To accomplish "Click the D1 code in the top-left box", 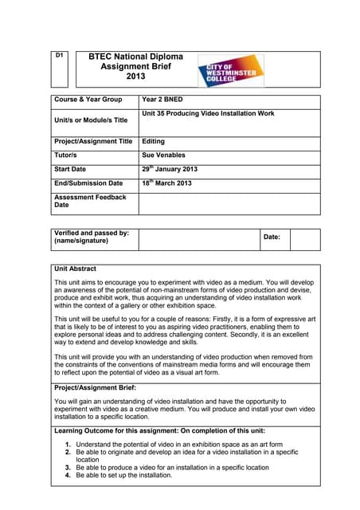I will click(59, 57).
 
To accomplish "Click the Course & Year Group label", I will click(88, 100).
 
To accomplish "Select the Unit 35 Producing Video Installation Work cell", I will click(208, 114).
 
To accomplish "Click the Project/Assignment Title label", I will click(93, 142).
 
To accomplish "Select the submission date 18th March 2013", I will click(166, 183).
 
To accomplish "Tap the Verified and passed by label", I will click(91, 237).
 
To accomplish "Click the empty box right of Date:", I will click(304, 238).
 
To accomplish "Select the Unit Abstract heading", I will click(75, 269).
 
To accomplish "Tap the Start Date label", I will click(70, 170).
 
